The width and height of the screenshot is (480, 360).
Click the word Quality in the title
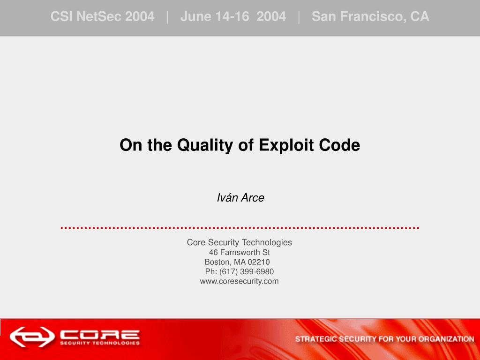[x=205, y=145]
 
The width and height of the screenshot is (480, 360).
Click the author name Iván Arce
[x=240, y=197]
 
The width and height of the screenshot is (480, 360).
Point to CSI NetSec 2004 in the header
[x=102, y=16]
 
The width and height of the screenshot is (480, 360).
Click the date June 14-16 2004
[x=233, y=16]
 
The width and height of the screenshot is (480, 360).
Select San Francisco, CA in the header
[x=370, y=16]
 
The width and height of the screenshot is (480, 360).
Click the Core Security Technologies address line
[x=240, y=242]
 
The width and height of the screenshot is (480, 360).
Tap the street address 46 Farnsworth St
[x=240, y=252]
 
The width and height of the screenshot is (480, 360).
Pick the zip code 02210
[x=259, y=262]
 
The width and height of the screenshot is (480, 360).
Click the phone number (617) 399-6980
[x=247, y=271]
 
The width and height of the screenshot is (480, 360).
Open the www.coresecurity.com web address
[x=240, y=281]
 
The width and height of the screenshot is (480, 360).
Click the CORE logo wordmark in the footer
[x=100, y=334]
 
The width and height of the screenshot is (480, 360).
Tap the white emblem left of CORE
[x=32, y=337]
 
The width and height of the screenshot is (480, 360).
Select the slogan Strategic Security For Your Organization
[x=384, y=339]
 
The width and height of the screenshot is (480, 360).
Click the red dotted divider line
[x=240, y=228]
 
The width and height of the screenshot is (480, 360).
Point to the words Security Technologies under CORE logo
[x=100, y=343]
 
